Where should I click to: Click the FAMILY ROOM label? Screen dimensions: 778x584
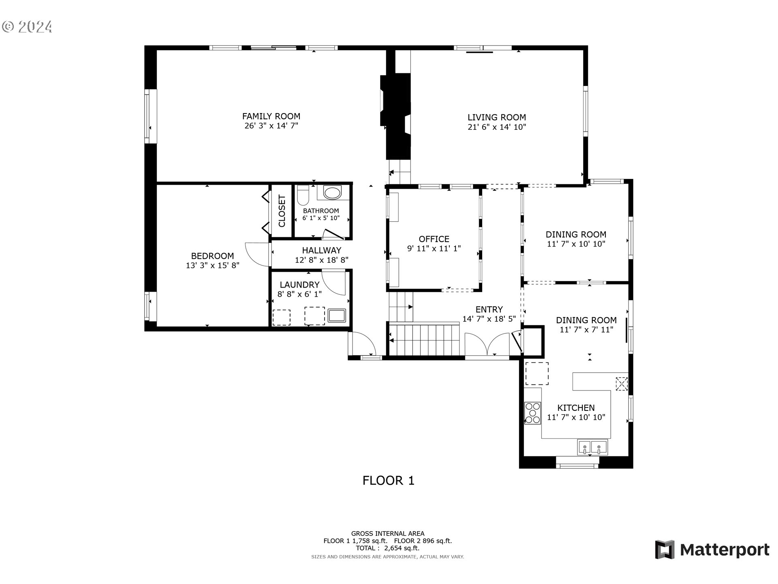point(271,116)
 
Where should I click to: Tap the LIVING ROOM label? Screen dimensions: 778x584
point(496,118)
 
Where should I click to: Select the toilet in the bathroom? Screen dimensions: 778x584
point(303,195)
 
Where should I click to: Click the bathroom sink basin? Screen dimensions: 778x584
point(333,193)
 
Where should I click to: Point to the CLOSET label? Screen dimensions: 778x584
point(282,211)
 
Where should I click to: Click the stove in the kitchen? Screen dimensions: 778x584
point(532,413)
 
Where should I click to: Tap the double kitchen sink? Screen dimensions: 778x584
point(592,447)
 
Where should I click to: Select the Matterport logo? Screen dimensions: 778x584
point(712,550)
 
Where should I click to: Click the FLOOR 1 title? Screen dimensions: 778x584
point(388,481)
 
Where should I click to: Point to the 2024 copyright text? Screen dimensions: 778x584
point(27,27)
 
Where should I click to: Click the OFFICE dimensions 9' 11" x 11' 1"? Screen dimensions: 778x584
point(434,249)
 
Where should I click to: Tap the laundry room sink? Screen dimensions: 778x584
point(337,316)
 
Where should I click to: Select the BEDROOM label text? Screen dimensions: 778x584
point(212,256)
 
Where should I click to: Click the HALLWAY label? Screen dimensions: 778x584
point(322,250)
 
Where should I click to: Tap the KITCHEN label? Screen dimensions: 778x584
point(576,408)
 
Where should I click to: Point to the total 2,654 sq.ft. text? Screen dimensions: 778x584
point(388,548)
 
